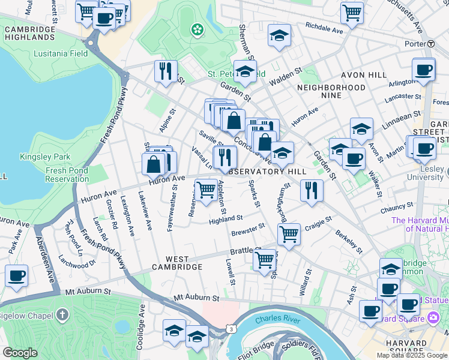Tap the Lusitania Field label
[61, 53]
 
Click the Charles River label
[277, 320]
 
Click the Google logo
[20, 353]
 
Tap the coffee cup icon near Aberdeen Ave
[16, 275]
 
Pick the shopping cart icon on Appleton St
[206, 190]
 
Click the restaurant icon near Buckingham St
[311, 190]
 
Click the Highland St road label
[225, 219]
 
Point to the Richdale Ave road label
[324, 26]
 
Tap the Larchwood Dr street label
[77, 262]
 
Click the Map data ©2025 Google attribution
[412, 355]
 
